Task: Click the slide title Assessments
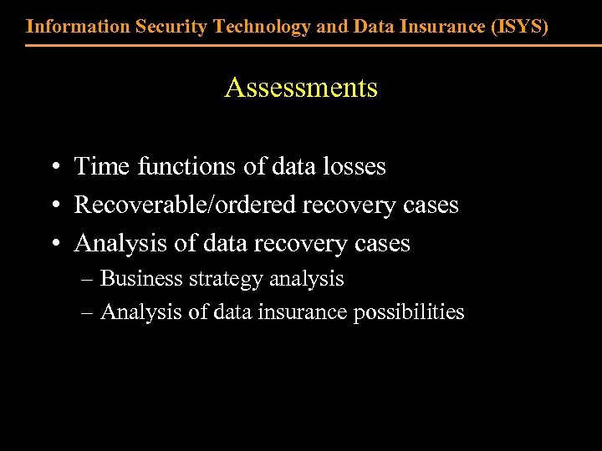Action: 301,88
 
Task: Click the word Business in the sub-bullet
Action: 139,278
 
